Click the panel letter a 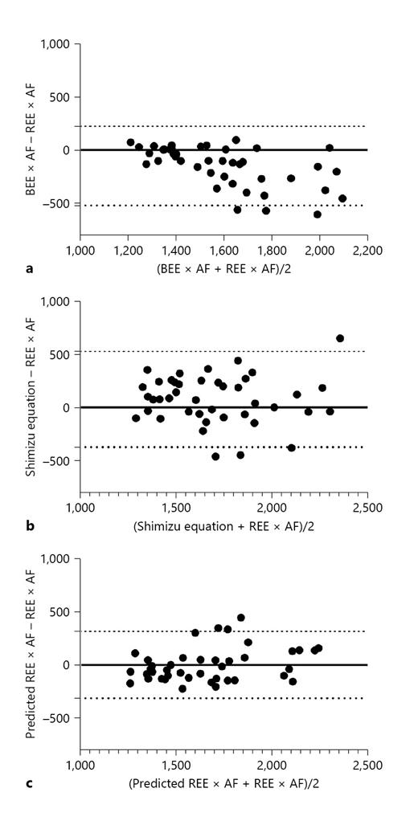pos(30,268)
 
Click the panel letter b pos(30,526)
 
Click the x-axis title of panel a pos(223,268)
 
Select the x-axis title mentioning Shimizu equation pos(223,526)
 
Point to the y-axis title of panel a pos(30,137)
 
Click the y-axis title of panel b pos(30,395)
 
